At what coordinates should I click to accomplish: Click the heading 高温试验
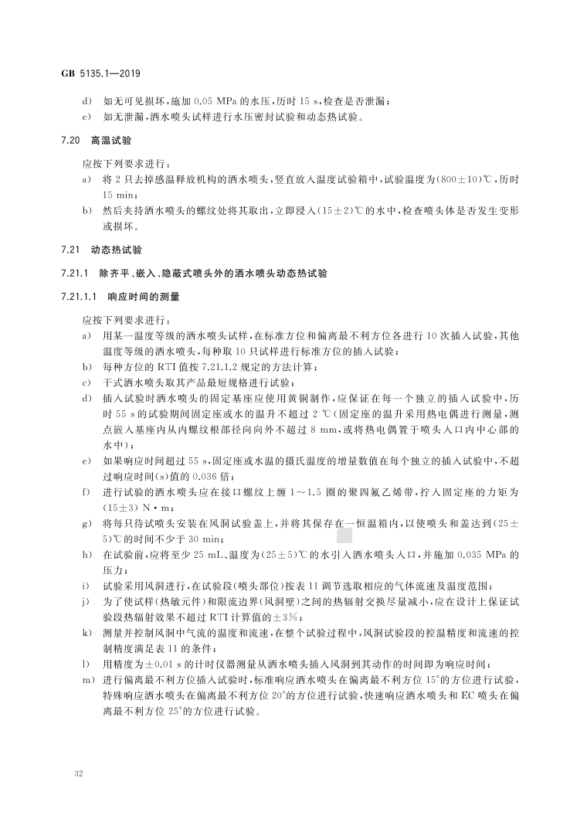(x=112, y=141)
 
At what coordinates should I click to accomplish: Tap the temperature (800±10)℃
(x=467, y=180)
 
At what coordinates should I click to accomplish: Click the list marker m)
(x=87, y=679)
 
